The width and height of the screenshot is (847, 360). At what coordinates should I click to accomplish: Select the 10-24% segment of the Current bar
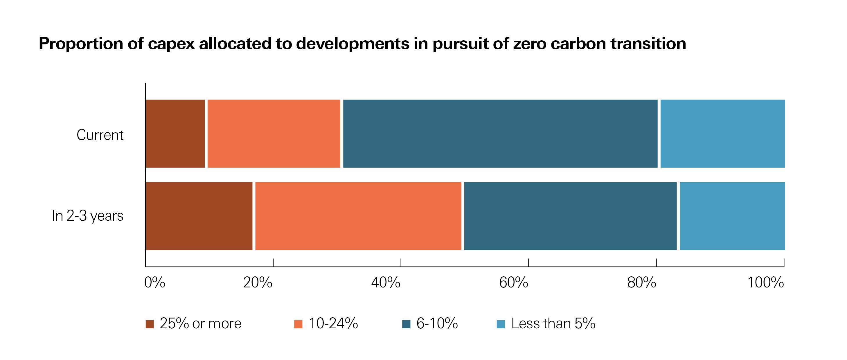274,134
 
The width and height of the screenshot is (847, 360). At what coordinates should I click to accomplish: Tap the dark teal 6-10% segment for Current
500,134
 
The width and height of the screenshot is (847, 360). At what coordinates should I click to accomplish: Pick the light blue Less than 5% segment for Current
722,134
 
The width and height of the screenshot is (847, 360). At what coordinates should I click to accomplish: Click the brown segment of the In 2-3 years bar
199,216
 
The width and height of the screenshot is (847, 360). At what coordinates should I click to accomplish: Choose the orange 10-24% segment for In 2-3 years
358,216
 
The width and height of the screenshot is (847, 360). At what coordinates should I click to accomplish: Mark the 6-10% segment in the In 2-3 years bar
570,216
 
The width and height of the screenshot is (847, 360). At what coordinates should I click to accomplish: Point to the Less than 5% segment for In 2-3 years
732,216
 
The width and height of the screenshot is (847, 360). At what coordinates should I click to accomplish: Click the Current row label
100,135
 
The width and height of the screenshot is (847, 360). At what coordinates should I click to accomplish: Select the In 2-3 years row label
88,216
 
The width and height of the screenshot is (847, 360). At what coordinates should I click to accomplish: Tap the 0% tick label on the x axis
154,283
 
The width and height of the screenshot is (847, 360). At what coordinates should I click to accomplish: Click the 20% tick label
258,283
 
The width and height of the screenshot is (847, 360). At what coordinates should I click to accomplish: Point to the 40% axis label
385,283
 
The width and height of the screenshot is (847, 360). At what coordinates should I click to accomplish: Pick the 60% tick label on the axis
513,283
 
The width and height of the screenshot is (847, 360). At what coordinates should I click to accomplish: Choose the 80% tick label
641,283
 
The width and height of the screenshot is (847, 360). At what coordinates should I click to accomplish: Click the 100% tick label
765,283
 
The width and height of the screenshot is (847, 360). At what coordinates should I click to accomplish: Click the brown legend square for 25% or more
150,324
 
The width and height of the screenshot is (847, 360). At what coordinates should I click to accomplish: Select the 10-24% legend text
333,324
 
